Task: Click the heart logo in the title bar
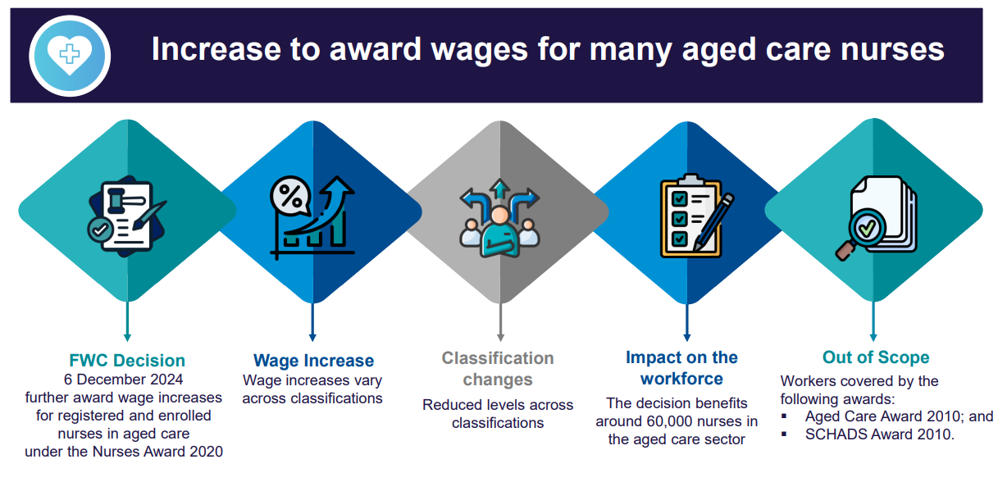click(x=69, y=54)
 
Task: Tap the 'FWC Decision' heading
click(x=127, y=361)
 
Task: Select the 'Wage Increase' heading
click(x=313, y=361)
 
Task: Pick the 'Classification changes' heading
click(x=498, y=369)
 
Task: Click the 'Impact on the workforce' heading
click(x=681, y=368)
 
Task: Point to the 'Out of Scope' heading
click(x=876, y=357)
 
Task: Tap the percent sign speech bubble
click(x=289, y=197)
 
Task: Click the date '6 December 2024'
click(x=124, y=380)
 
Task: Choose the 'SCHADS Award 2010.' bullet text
click(x=880, y=434)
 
